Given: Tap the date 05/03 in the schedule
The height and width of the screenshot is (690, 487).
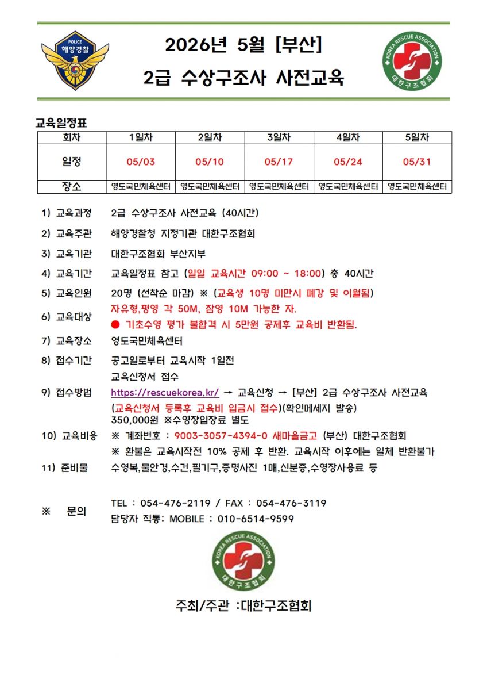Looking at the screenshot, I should tap(140, 162).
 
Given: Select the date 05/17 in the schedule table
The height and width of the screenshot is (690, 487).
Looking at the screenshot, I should tap(279, 162).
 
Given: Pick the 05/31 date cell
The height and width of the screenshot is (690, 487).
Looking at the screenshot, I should tap(417, 162).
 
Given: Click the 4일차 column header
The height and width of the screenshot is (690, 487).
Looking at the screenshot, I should tap(348, 138).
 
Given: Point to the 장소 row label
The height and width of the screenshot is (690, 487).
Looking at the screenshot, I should tap(72, 187).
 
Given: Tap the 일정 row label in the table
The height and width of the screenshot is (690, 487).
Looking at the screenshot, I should tap(72, 162).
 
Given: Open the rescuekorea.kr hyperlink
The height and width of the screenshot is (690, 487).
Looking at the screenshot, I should tap(165, 393).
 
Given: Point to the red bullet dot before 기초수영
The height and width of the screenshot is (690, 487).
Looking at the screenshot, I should tap(115, 324).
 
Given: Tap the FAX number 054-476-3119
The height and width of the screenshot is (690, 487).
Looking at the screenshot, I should tap(291, 503).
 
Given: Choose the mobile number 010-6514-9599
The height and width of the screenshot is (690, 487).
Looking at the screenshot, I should tap(256, 519).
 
